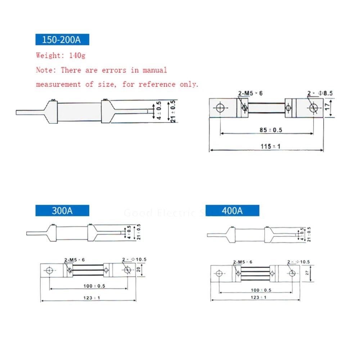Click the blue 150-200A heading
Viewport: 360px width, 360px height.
[62, 39]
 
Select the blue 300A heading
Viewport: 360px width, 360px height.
[62, 211]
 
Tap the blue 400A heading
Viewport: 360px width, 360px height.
[232, 211]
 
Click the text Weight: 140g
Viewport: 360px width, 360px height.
[60, 55]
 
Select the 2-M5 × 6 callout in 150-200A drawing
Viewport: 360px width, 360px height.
[250, 94]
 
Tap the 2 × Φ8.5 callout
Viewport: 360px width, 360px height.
[320, 94]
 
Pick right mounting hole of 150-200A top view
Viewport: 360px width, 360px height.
[313, 108]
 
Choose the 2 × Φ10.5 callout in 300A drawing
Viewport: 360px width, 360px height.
[134, 260]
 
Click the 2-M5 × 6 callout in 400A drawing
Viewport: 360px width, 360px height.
[243, 262]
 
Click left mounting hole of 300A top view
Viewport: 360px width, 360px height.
[50, 270]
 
